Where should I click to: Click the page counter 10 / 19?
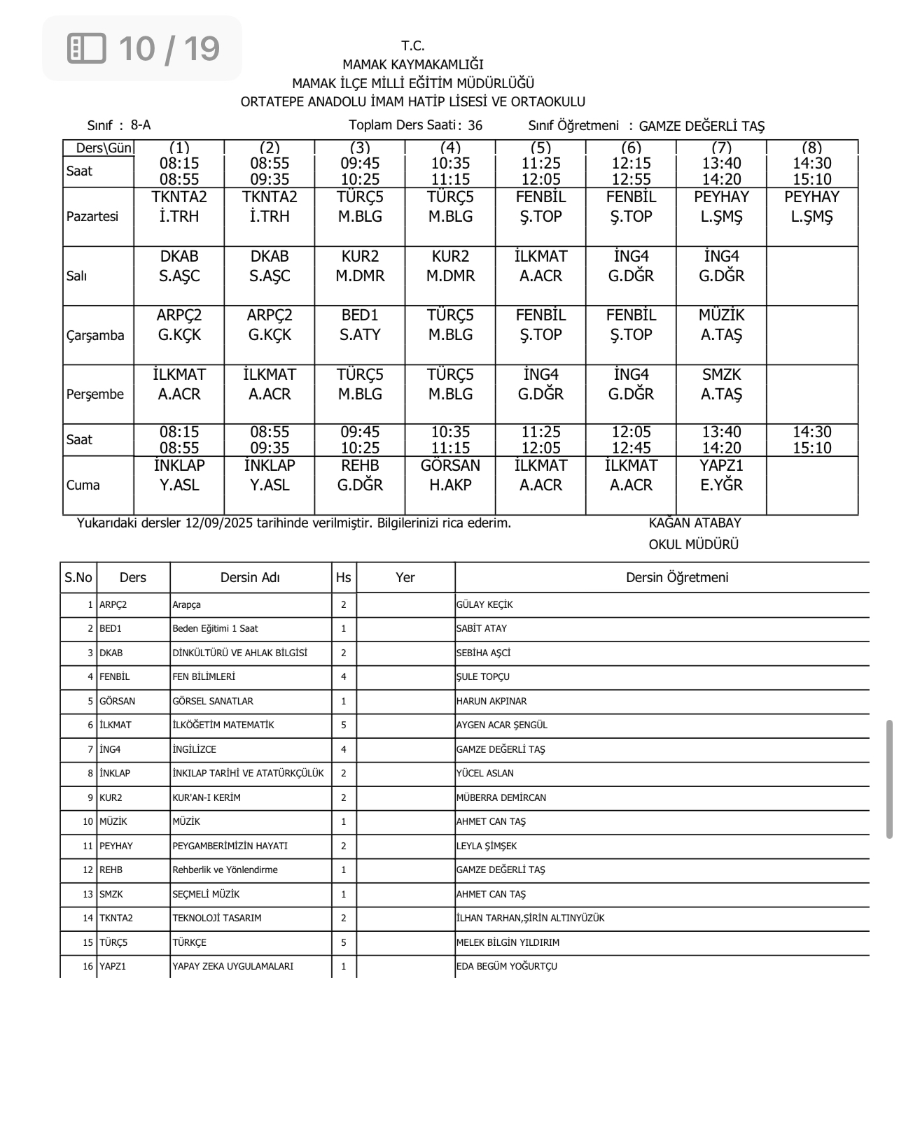168,48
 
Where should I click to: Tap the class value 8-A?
141,125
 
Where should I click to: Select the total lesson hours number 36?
475,126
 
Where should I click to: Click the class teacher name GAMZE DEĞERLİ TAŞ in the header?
702,127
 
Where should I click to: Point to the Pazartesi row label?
92,217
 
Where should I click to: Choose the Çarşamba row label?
95,336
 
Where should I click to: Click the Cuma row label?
83,486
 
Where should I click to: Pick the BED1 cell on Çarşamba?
360,325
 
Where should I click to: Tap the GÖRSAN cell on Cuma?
450,476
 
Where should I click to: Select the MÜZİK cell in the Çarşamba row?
721,325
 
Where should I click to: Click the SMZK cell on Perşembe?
721,385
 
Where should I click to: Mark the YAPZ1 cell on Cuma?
721,476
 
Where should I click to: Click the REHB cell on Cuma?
360,476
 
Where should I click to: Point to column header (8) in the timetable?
811,148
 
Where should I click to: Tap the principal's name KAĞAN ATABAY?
695,523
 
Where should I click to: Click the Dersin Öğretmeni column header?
677,578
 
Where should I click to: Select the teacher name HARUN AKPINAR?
492,702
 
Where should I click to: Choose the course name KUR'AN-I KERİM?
207,798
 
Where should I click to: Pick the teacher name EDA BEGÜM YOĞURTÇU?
507,967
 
